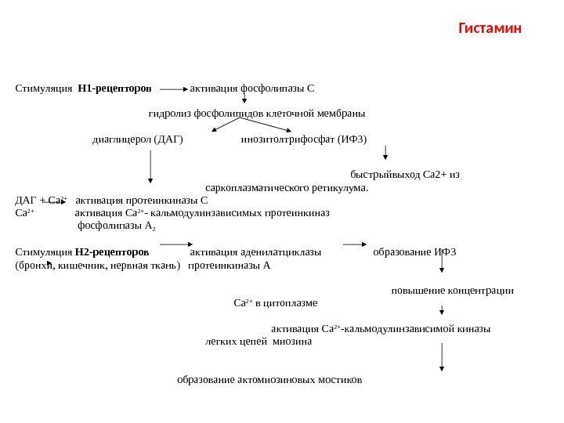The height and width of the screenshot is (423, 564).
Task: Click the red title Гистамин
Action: click(x=489, y=30)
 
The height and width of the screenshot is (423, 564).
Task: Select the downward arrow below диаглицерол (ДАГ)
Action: click(x=150, y=168)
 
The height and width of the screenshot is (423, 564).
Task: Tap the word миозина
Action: click(x=291, y=342)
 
